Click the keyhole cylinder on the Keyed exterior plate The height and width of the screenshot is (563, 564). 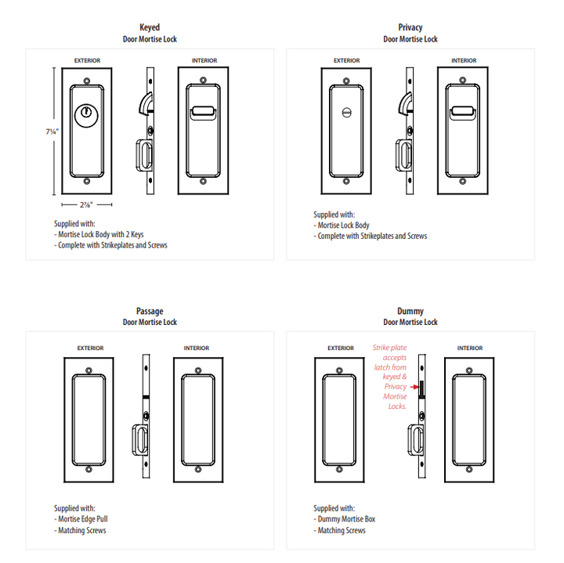(86, 114)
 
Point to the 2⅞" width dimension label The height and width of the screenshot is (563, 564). (86, 204)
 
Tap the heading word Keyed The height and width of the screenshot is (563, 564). (150, 27)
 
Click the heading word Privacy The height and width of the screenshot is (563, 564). (410, 27)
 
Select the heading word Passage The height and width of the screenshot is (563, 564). (150, 311)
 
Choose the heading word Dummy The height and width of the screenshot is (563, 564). (410, 311)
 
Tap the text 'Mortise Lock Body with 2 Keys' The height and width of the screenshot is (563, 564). (100, 234)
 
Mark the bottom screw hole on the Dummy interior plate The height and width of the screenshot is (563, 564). (469, 471)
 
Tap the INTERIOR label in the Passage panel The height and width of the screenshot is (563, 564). (197, 348)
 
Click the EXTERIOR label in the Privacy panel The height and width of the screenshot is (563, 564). (346, 60)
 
